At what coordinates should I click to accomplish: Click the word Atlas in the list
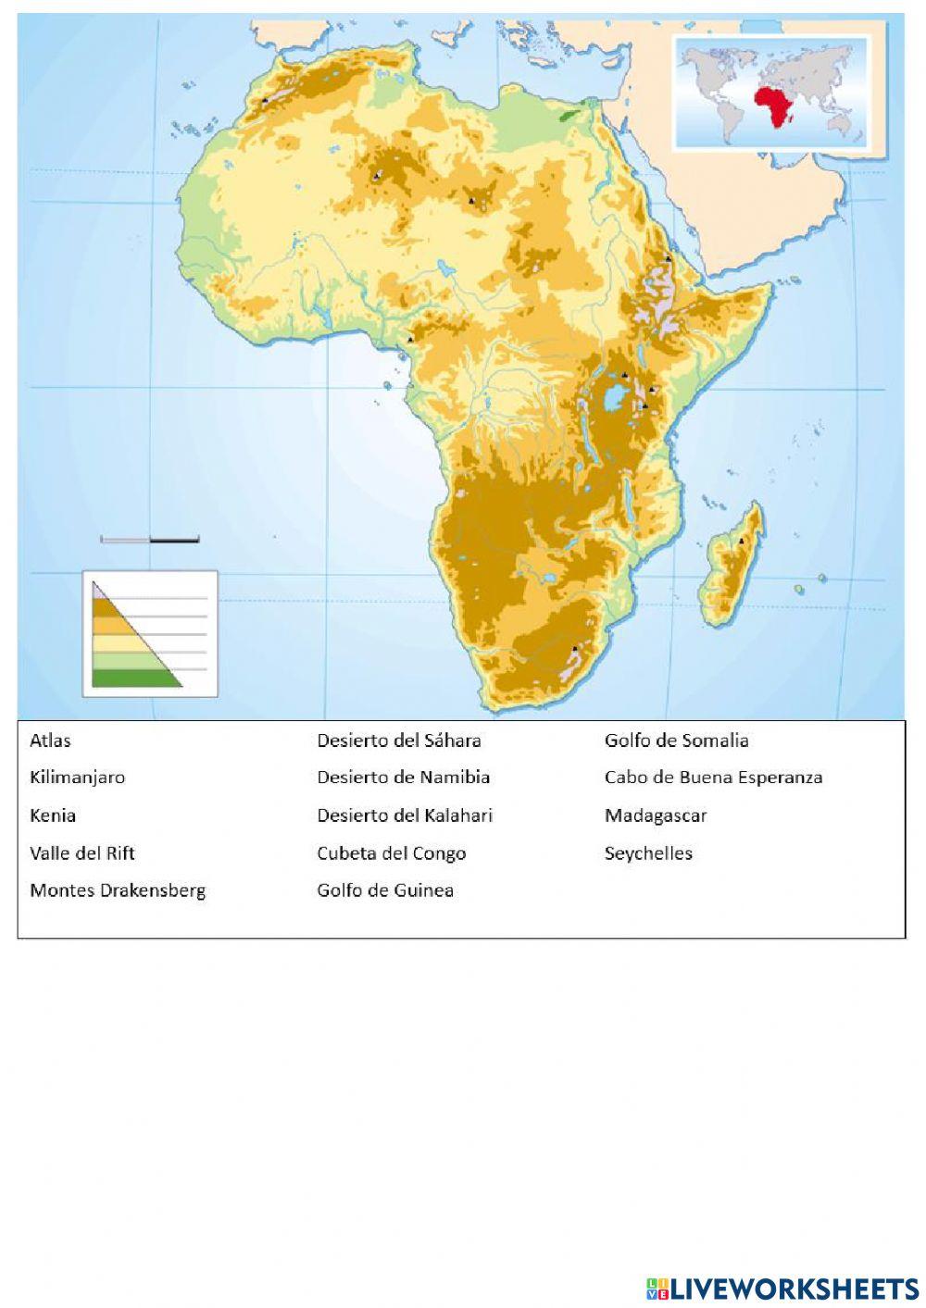50,741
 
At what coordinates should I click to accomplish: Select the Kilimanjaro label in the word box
77,778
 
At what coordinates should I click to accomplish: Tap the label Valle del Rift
82,853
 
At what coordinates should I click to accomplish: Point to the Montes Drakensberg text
118,891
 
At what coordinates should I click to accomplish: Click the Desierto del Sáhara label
398,741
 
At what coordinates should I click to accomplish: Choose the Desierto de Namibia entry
403,778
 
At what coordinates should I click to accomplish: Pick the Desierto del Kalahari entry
404,816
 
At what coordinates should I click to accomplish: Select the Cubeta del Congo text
391,853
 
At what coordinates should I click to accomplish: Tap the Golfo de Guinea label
385,891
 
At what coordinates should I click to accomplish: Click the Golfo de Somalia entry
676,741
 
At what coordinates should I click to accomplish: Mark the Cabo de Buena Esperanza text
713,778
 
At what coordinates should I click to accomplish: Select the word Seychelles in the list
648,853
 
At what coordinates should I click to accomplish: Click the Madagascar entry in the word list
656,816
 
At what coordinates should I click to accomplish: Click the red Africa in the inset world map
775,106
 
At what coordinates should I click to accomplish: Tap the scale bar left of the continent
149,539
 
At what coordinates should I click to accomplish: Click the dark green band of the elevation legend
130,679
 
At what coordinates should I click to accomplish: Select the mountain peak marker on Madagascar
742,541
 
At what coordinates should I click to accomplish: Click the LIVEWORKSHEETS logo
782,1288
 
